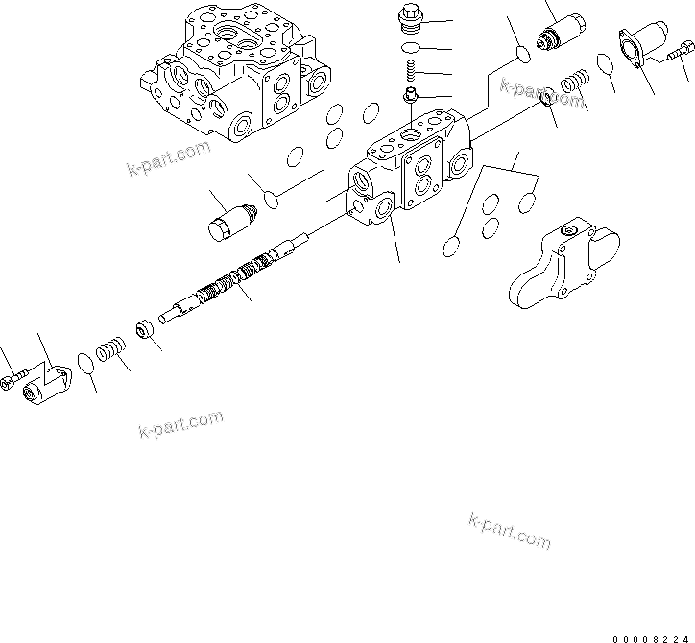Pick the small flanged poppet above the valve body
click(410, 95)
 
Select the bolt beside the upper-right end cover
click(679, 54)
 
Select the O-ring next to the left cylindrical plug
click(272, 199)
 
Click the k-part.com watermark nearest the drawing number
click(510, 530)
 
